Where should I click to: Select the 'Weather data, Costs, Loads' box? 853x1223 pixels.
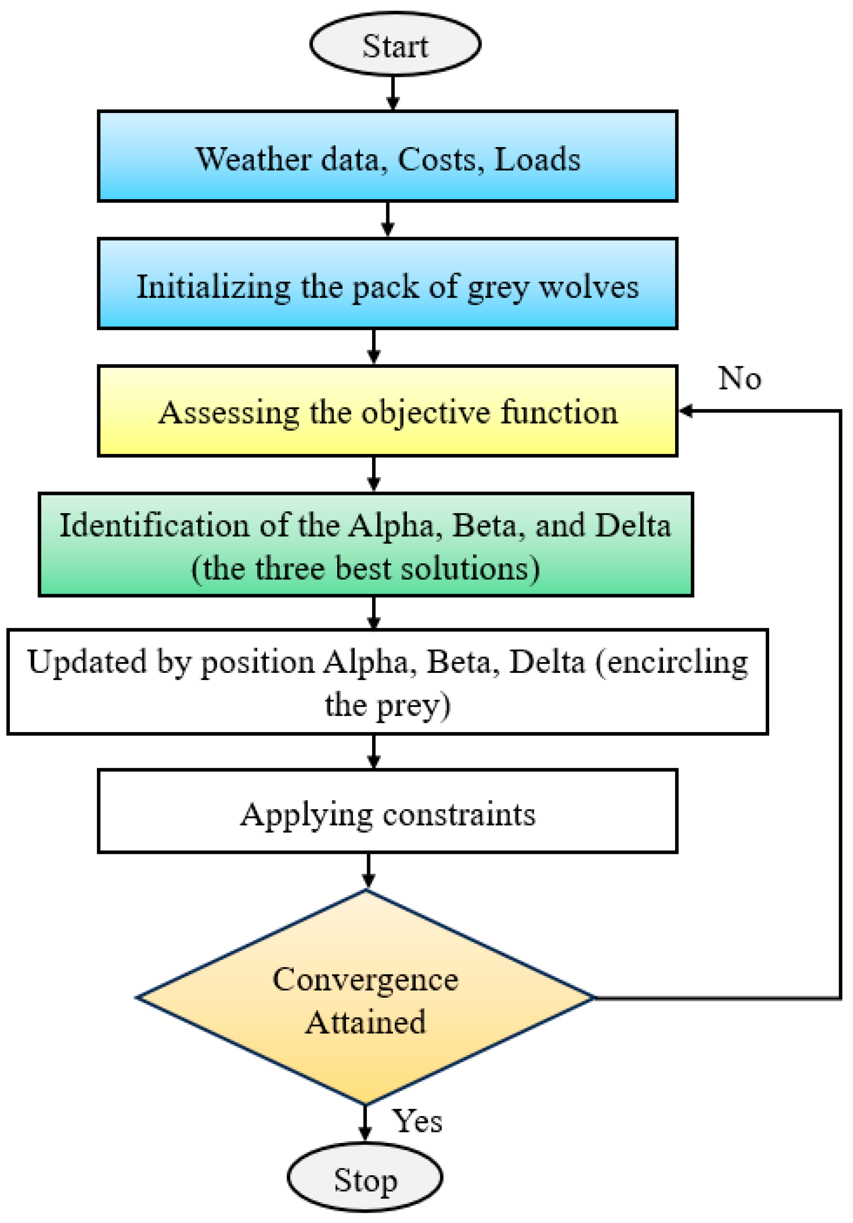point(388,156)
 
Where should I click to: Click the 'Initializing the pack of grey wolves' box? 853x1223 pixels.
point(388,283)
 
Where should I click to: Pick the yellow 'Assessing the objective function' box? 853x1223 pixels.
point(388,411)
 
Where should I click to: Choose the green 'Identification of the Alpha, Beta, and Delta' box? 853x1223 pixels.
point(366,544)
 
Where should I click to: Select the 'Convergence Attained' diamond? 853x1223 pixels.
point(365,997)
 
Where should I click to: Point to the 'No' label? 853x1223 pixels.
point(740,378)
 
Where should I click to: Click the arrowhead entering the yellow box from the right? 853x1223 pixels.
point(686,411)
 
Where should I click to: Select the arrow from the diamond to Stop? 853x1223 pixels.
point(365,1124)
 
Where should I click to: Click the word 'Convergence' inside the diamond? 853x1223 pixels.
point(365,979)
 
